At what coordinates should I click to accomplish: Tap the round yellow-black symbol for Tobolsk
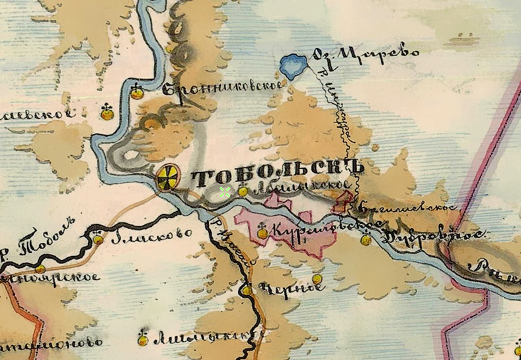coord(169,177)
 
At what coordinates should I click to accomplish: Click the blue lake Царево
coord(292,66)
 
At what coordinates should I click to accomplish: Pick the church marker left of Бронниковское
coord(137,93)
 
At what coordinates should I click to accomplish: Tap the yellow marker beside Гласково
coord(99,238)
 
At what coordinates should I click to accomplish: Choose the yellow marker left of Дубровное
coord(366,240)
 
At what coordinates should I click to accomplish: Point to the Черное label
coord(281,289)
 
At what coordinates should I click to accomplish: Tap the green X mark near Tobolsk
coord(225,192)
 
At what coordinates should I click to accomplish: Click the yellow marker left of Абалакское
coord(243,191)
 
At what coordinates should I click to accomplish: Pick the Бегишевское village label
coord(405,207)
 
